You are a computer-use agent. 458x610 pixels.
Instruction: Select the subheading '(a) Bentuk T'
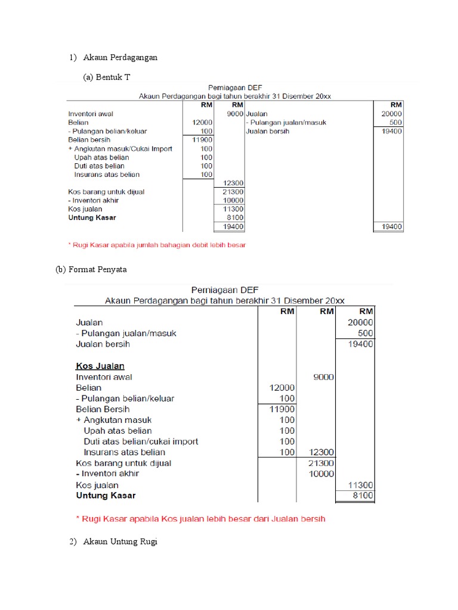[x=108, y=78]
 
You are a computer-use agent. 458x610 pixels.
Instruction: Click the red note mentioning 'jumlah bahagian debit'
[x=157, y=244]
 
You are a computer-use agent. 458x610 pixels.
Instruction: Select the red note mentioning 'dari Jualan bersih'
[x=200, y=519]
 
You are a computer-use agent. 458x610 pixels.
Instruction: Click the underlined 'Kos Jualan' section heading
[x=100, y=366]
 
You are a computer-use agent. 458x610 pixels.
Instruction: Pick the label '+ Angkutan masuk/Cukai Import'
[x=120, y=148]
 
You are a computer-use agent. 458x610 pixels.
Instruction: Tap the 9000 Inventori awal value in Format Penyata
[x=323, y=376]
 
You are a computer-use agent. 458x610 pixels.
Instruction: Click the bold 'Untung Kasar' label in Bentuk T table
[x=92, y=217]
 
